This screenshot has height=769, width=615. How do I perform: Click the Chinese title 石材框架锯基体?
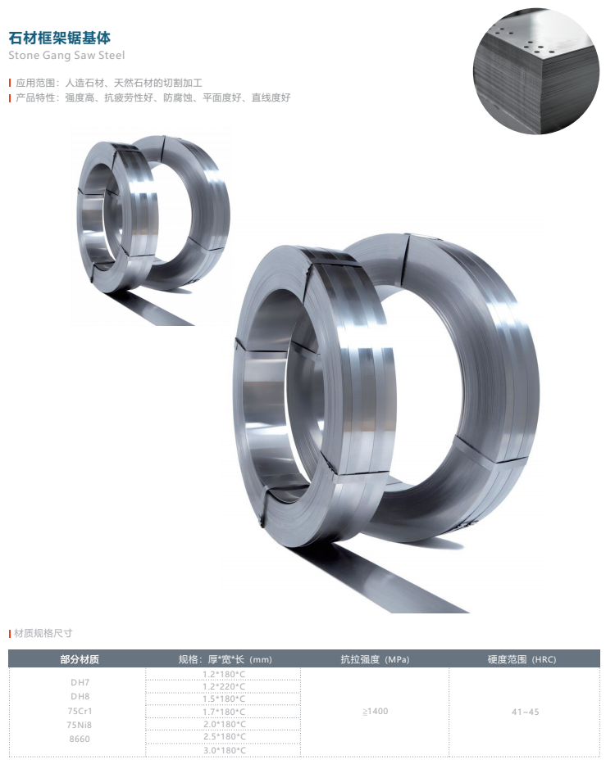click(x=59, y=38)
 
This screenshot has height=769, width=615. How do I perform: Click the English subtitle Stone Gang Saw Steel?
click(x=66, y=56)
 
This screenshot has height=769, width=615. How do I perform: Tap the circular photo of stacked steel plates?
click(x=536, y=71)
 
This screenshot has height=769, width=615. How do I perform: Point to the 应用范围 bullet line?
click(x=106, y=83)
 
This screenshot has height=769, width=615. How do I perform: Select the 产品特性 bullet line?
click(x=150, y=97)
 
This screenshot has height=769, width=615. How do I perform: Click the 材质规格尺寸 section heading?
click(x=41, y=633)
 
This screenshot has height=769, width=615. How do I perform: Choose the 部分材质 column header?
click(x=80, y=659)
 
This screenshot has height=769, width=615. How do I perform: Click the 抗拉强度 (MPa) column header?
click(x=376, y=659)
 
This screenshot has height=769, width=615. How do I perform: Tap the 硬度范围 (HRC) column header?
click(x=522, y=659)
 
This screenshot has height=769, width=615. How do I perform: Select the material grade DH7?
click(x=80, y=682)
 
